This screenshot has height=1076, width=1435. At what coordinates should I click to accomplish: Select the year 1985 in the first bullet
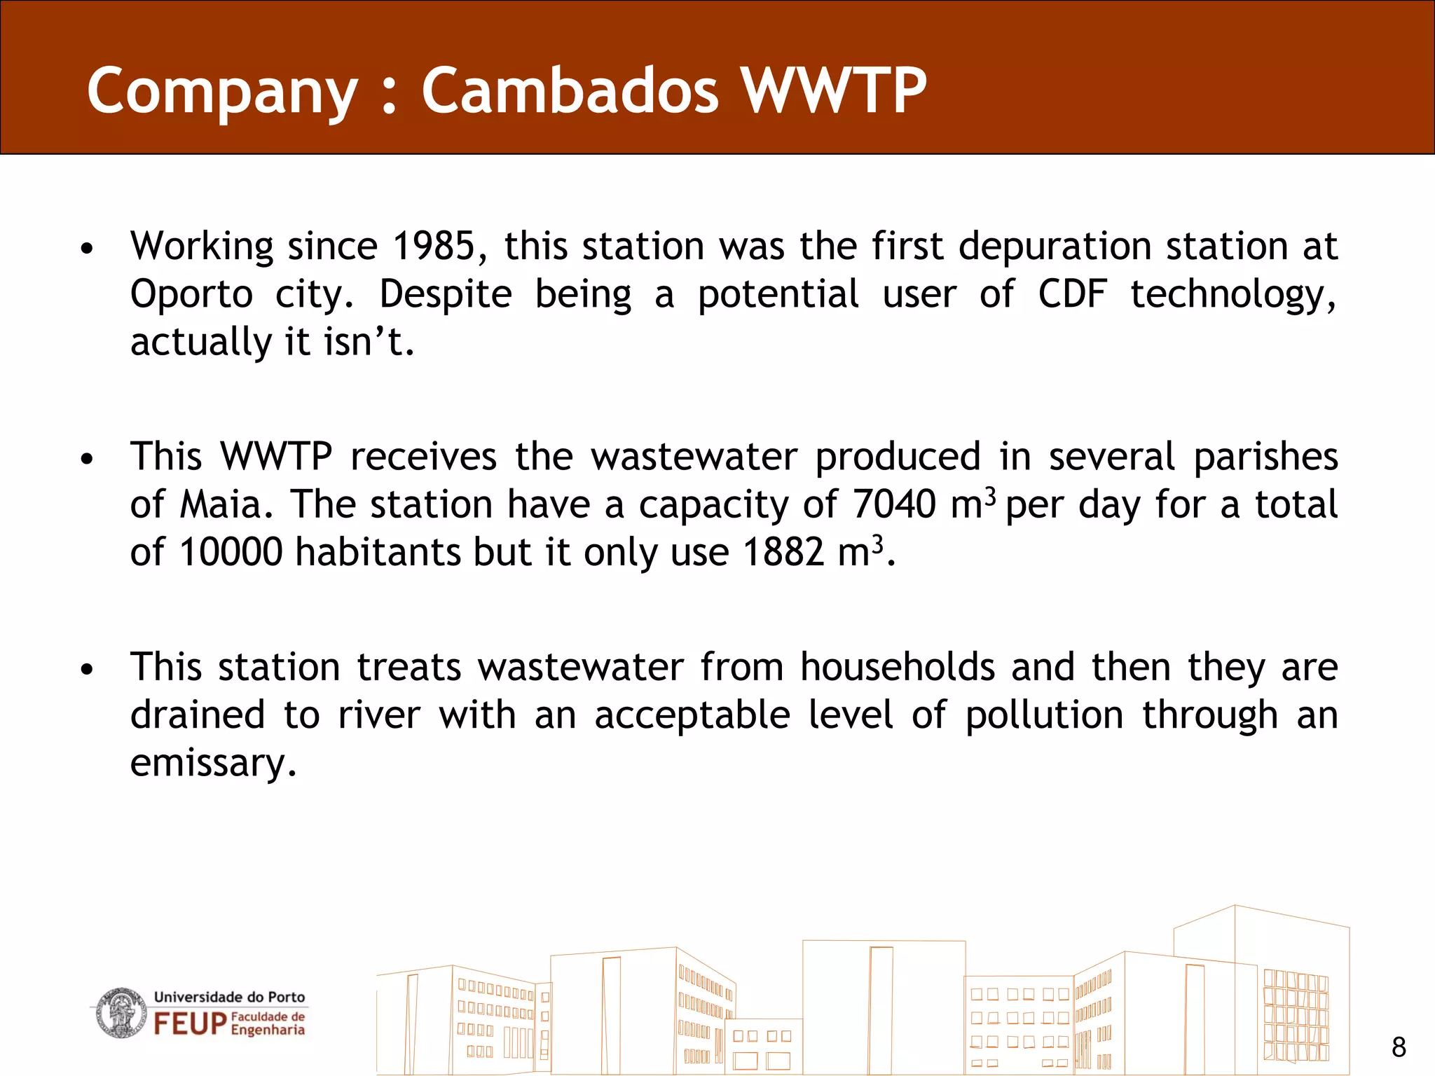click(434, 247)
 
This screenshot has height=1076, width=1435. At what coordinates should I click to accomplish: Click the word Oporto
click(191, 294)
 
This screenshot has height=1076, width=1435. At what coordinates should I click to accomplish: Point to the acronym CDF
click(1072, 294)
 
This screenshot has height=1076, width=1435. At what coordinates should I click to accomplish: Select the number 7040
click(893, 504)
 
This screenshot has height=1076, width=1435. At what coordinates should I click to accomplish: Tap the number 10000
click(231, 552)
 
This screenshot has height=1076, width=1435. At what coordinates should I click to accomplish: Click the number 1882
click(783, 552)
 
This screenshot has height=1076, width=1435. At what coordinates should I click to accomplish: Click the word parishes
click(1265, 457)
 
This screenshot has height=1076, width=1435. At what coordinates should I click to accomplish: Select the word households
click(897, 667)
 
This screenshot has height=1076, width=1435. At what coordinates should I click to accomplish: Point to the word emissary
click(213, 764)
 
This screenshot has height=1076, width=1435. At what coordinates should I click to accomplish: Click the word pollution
click(1044, 716)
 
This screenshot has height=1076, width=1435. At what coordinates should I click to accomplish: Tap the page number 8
click(1399, 1047)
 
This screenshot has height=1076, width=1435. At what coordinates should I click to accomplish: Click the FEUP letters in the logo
click(190, 1023)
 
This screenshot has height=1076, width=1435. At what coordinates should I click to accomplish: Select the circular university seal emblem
click(121, 1013)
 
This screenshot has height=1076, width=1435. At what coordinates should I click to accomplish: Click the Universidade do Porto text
click(229, 997)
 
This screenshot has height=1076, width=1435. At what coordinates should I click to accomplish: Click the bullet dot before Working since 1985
click(86, 249)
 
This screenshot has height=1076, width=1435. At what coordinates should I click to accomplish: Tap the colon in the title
click(390, 91)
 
